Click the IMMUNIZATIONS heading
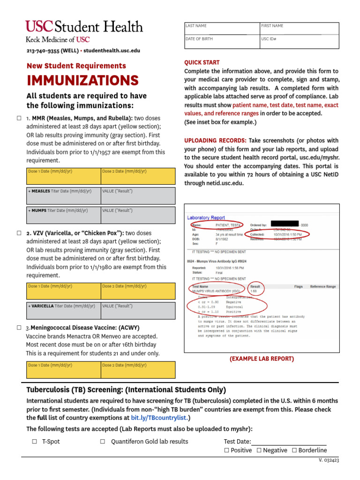[82, 80]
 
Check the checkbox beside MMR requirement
[19, 119]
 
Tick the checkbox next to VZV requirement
[19, 233]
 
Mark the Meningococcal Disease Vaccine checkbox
[19, 328]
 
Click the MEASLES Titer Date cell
[64, 195]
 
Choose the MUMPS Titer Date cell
[64, 215]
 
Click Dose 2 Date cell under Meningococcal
[138, 369]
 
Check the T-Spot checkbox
[35, 442]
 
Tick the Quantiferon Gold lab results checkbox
[103, 442]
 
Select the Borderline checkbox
[294, 450]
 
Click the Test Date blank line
[289, 442]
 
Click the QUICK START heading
[202, 62]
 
